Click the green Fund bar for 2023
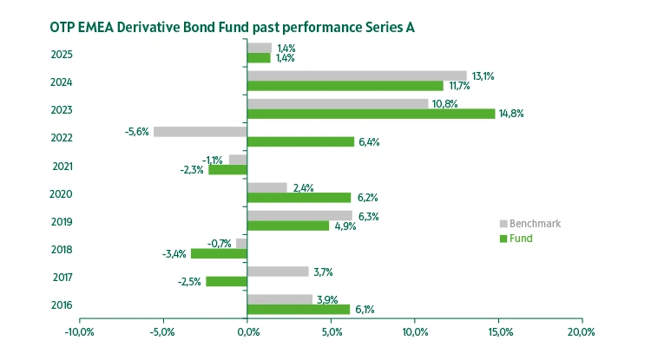371,114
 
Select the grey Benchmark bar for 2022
200,132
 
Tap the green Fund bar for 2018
219,253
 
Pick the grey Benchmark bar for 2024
357,76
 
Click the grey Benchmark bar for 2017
278,272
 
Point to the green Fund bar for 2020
299,197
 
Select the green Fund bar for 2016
298,309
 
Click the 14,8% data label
511,114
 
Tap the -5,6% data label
137,132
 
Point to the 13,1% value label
482,76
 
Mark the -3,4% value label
174,253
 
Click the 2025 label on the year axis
62,55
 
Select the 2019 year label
62,221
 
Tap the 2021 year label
62,166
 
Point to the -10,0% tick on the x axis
79,332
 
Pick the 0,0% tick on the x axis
247,332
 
